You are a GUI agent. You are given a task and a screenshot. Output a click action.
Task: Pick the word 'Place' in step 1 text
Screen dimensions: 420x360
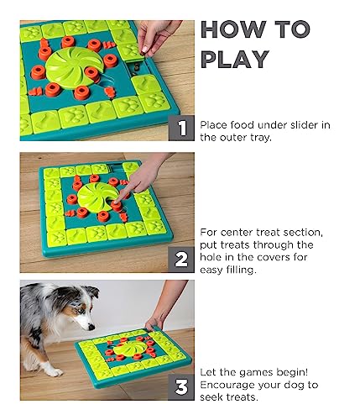click(215, 125)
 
